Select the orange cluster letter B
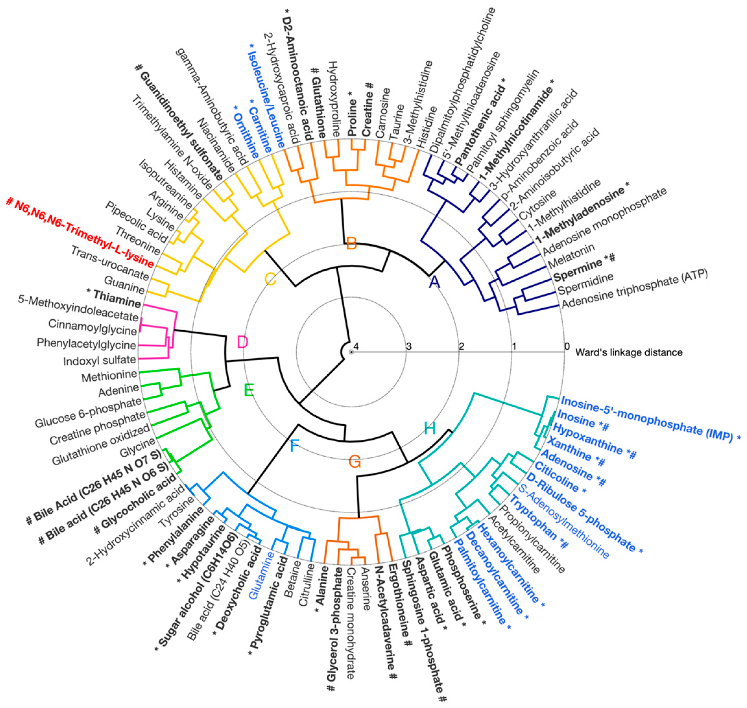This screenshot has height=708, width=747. (x=351, y=243)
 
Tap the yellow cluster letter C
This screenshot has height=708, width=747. (x=270, y=280)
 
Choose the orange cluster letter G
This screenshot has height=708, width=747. (x=355, y=461)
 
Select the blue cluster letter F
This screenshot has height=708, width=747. (x=294, y=447)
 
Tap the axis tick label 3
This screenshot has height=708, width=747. (x=408, y=346)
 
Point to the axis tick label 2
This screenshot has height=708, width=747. (x=461, y=346)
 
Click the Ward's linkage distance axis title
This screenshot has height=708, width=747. (x=629, y=353)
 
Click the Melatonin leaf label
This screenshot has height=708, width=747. (x=571, y=256)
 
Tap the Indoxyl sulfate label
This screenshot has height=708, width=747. (x=99, y=361)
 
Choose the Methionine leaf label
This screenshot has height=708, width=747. (x=109, y=375)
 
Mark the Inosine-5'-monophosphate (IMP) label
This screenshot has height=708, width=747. (x=649, y=418)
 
